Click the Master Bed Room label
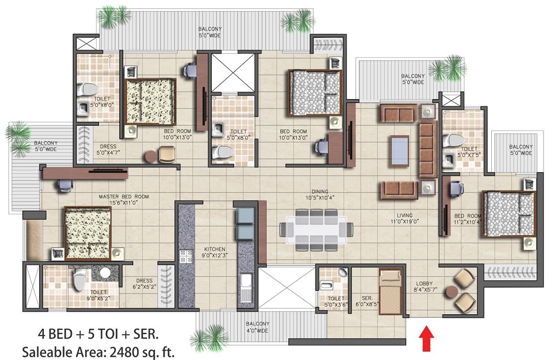click(x=124, y=200)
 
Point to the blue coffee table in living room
click(x=400, y=151)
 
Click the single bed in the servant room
click(x=391, y=292)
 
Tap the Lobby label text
click(x=426, y=286)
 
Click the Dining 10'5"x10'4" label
click(x=320, y=195)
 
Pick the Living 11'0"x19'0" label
click(x=405, y=218)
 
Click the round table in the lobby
click(x=452, y=292)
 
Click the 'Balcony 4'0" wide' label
click(x=257, y=327)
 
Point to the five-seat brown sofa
click(x=428, y=149)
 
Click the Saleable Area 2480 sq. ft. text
click(x=98, y=352)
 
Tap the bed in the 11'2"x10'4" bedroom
click(x=508, y=214)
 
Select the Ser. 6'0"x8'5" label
click(x=367, y=301)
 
